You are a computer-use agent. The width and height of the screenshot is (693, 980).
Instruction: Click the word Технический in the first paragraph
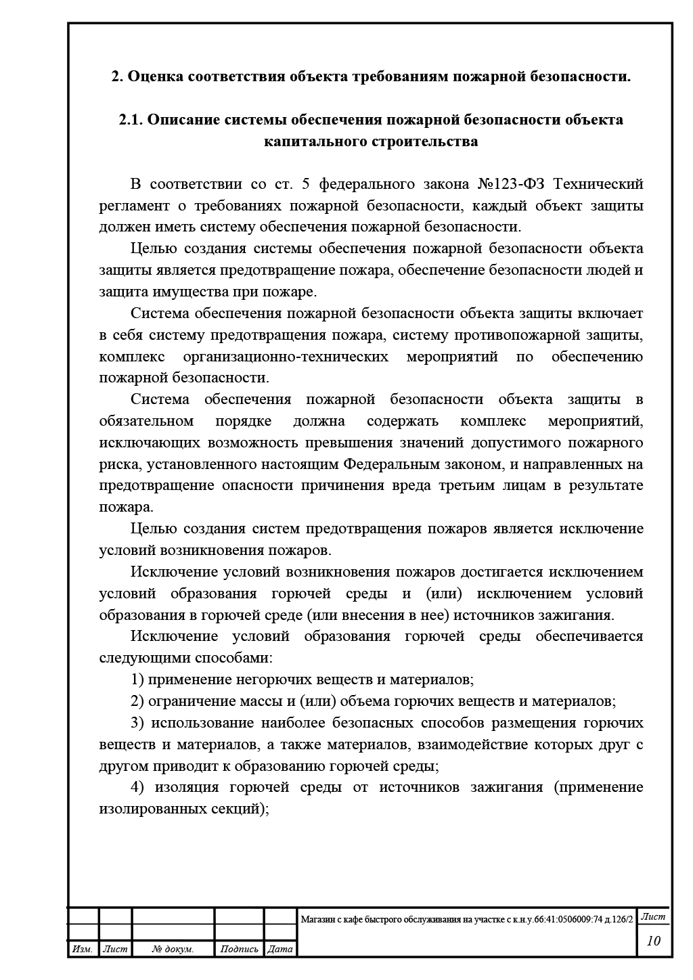[604, 184]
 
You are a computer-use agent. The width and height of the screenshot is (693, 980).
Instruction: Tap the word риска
[118, 464]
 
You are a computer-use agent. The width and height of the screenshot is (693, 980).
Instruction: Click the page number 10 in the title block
[653, 940]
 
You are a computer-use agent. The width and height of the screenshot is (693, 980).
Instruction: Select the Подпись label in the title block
[239, 949]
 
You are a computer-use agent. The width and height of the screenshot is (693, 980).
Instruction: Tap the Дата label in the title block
[280, 949]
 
